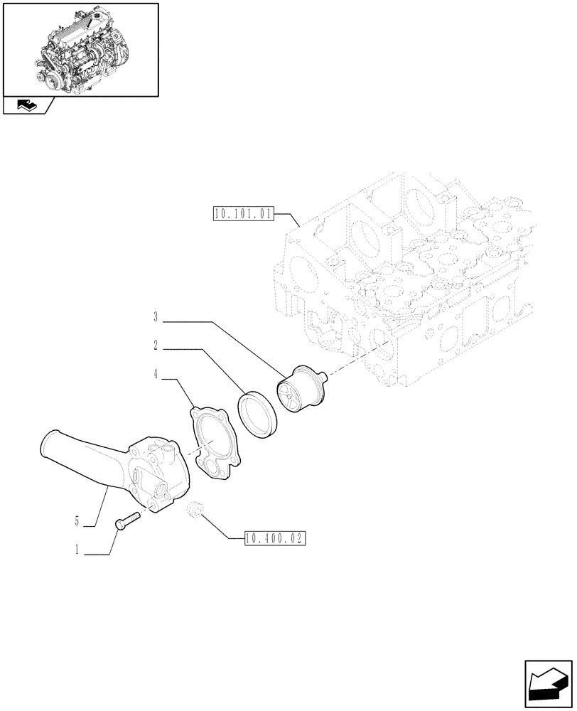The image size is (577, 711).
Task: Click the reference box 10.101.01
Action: coord(242,213)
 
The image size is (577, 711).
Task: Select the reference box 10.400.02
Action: coord(274,539)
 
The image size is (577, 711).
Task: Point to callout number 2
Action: coord(155,349)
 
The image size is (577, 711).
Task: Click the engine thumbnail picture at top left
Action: coord(80,49)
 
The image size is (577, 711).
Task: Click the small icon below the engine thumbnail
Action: coord(26,106)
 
